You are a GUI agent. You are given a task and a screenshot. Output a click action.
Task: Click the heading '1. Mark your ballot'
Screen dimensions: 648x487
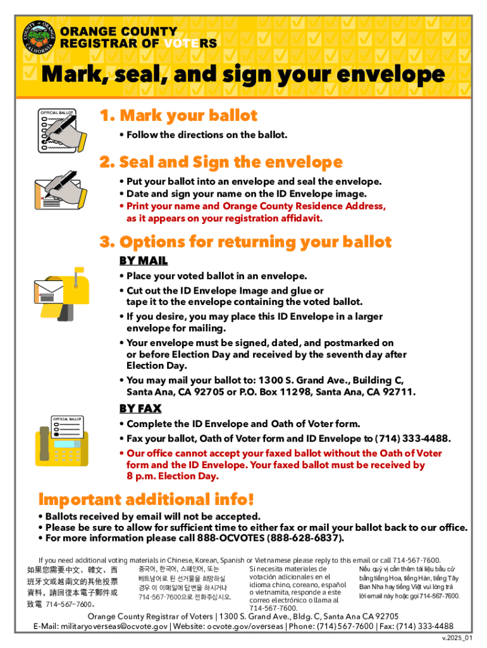[x=178, y=116]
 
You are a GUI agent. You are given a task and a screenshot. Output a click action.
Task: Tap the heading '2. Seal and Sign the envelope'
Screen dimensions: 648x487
[x=221, y=162]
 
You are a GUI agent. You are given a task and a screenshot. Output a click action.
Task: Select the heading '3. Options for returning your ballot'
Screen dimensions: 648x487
[x=245, y=242]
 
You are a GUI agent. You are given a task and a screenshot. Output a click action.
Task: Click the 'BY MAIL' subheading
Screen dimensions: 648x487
[x=144, y=261]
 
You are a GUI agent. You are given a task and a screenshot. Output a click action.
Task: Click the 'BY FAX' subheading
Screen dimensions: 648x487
[x=140, y=408]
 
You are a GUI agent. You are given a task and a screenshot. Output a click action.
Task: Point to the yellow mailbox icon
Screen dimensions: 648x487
[x=59, y=292]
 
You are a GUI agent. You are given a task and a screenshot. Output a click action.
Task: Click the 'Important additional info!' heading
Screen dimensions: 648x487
[x=146, y=499]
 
